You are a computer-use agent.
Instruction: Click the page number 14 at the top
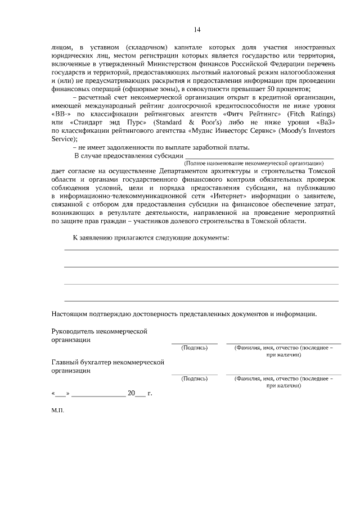197,30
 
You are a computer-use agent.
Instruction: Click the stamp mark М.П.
58,411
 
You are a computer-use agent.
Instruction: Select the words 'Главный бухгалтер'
80,363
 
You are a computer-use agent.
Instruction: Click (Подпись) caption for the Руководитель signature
195,348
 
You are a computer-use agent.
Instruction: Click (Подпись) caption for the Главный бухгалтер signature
195,379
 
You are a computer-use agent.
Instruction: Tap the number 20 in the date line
132,393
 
